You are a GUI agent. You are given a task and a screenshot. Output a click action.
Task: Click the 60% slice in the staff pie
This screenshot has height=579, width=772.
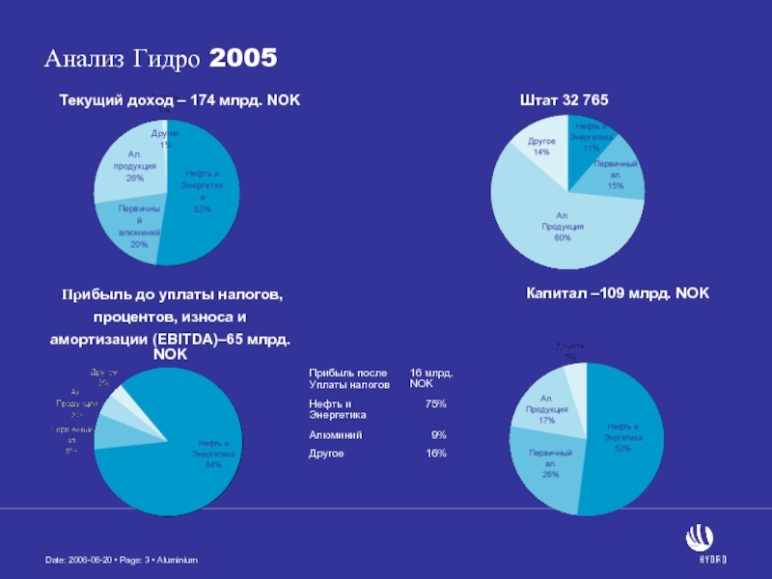pos(560,227)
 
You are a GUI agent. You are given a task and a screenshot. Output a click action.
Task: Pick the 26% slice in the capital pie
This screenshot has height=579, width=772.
pos(550,461)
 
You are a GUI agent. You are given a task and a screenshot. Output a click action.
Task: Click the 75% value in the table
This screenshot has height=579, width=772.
pos(435,402)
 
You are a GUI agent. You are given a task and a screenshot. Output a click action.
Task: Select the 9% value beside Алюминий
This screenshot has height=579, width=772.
pos(438,434)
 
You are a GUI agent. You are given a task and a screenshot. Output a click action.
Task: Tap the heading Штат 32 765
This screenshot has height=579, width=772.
pos(564,99)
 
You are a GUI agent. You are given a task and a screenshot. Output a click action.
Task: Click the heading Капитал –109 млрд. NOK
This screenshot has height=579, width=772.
pos(617,291)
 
